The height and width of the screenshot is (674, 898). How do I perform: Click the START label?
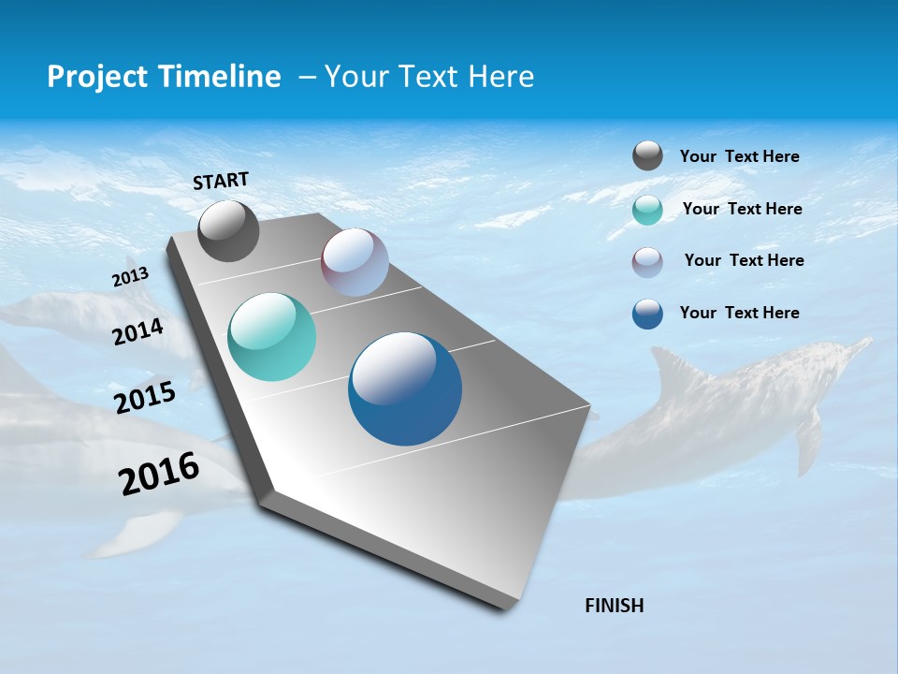click(221, 181)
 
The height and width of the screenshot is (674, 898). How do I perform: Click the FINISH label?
click(615, 606)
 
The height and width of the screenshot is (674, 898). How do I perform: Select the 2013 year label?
click(131, 277)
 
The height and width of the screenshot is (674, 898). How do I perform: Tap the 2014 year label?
click(138, 331)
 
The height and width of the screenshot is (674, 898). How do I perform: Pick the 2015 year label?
click(145, 398)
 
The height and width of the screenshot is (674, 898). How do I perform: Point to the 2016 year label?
click(159, 473)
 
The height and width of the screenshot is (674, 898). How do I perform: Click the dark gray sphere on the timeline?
click(228, 231)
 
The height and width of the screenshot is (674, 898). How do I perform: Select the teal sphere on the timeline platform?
click(271, 337)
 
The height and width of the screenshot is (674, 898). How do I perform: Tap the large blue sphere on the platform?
click(405, 388)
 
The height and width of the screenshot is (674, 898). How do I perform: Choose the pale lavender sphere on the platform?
click(355, 262)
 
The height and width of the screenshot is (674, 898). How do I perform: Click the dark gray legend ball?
click(647, 156)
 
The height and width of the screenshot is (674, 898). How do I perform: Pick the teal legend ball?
click(647, 210)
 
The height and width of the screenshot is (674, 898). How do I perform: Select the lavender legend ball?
click(647, 262)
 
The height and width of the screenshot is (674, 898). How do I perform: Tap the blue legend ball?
click(647, 314)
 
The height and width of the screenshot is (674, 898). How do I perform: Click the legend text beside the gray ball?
click(739, 157)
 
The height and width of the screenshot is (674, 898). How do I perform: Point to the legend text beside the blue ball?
click(739, 313)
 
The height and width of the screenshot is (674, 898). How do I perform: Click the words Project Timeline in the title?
click(164, 77)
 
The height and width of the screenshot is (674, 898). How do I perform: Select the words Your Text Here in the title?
click(429, 77)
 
